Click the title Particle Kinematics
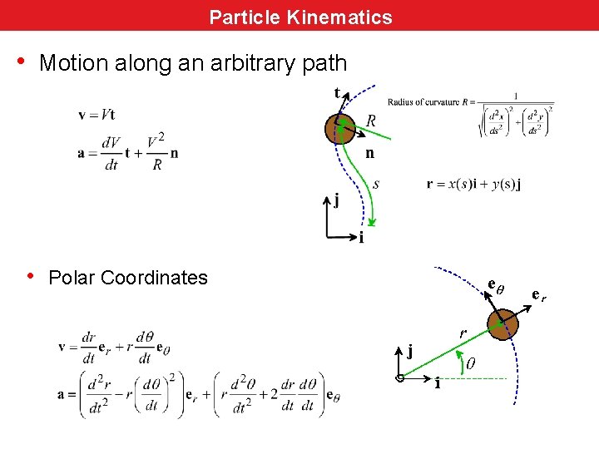pyautogui.click(x=300, y=17)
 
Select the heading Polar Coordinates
pyautogui.click(x=128, y=278)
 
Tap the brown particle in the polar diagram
pyautogui.click(x=502, y=322)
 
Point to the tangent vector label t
pyautogui.click(x=337, y=92)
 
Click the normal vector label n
pyautogui.click(x=369, y=153)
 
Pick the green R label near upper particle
pyautogui.click(x=371, y=121)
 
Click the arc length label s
pyautogui.click(x=376, y=184)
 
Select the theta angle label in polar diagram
pyautogui.click(x=470, y=363)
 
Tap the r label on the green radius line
pyautogui.click(x=463, y=333)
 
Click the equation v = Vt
pyautogui.click(x=97, y=115)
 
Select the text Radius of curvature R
pyautogui.click(x=426, y=102)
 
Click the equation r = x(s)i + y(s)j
pyautogui.click(x=474, y=184)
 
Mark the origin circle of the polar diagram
pyautogui.click(x=400, y=378)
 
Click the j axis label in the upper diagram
pyautogui.click(x=336, y=200)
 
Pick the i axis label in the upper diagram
pyautogui.click(x=361, y=238)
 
